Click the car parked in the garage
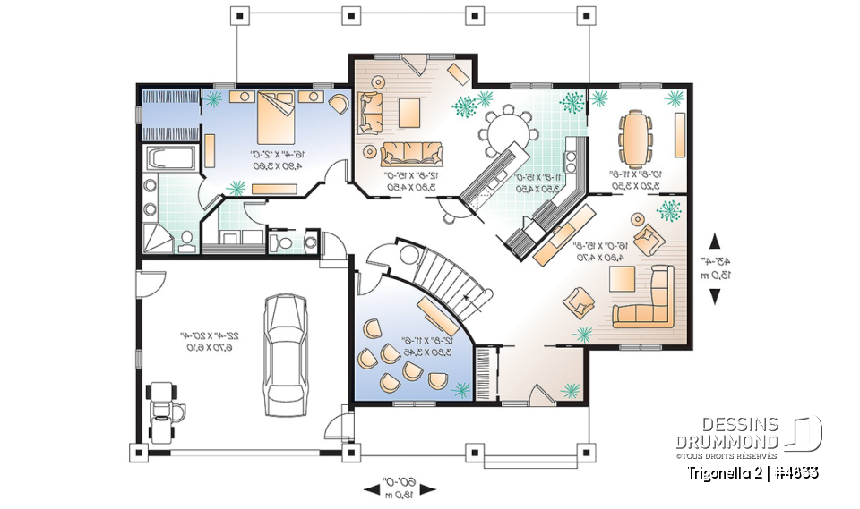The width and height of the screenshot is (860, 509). (284, 353)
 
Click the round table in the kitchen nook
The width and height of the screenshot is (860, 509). (507, 134)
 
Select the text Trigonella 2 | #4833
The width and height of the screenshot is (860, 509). (752, 471)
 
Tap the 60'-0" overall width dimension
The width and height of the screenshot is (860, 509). (401, 480)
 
